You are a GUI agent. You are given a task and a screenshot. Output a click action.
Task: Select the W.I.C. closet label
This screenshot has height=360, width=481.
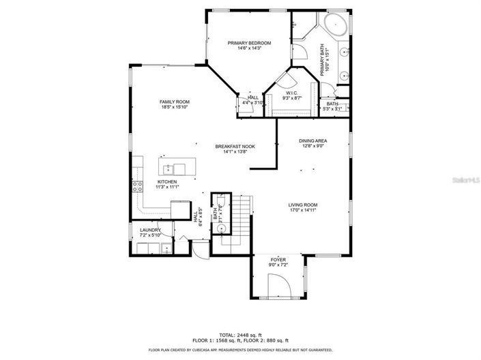(291, 93)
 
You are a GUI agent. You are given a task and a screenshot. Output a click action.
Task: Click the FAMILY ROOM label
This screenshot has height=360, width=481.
(175, 102)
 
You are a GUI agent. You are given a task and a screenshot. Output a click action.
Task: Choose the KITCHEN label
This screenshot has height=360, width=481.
(167, 182)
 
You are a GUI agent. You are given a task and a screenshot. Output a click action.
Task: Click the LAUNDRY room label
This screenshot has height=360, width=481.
(150, 230)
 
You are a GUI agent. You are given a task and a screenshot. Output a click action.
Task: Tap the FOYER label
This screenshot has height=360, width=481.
(278, 260)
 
